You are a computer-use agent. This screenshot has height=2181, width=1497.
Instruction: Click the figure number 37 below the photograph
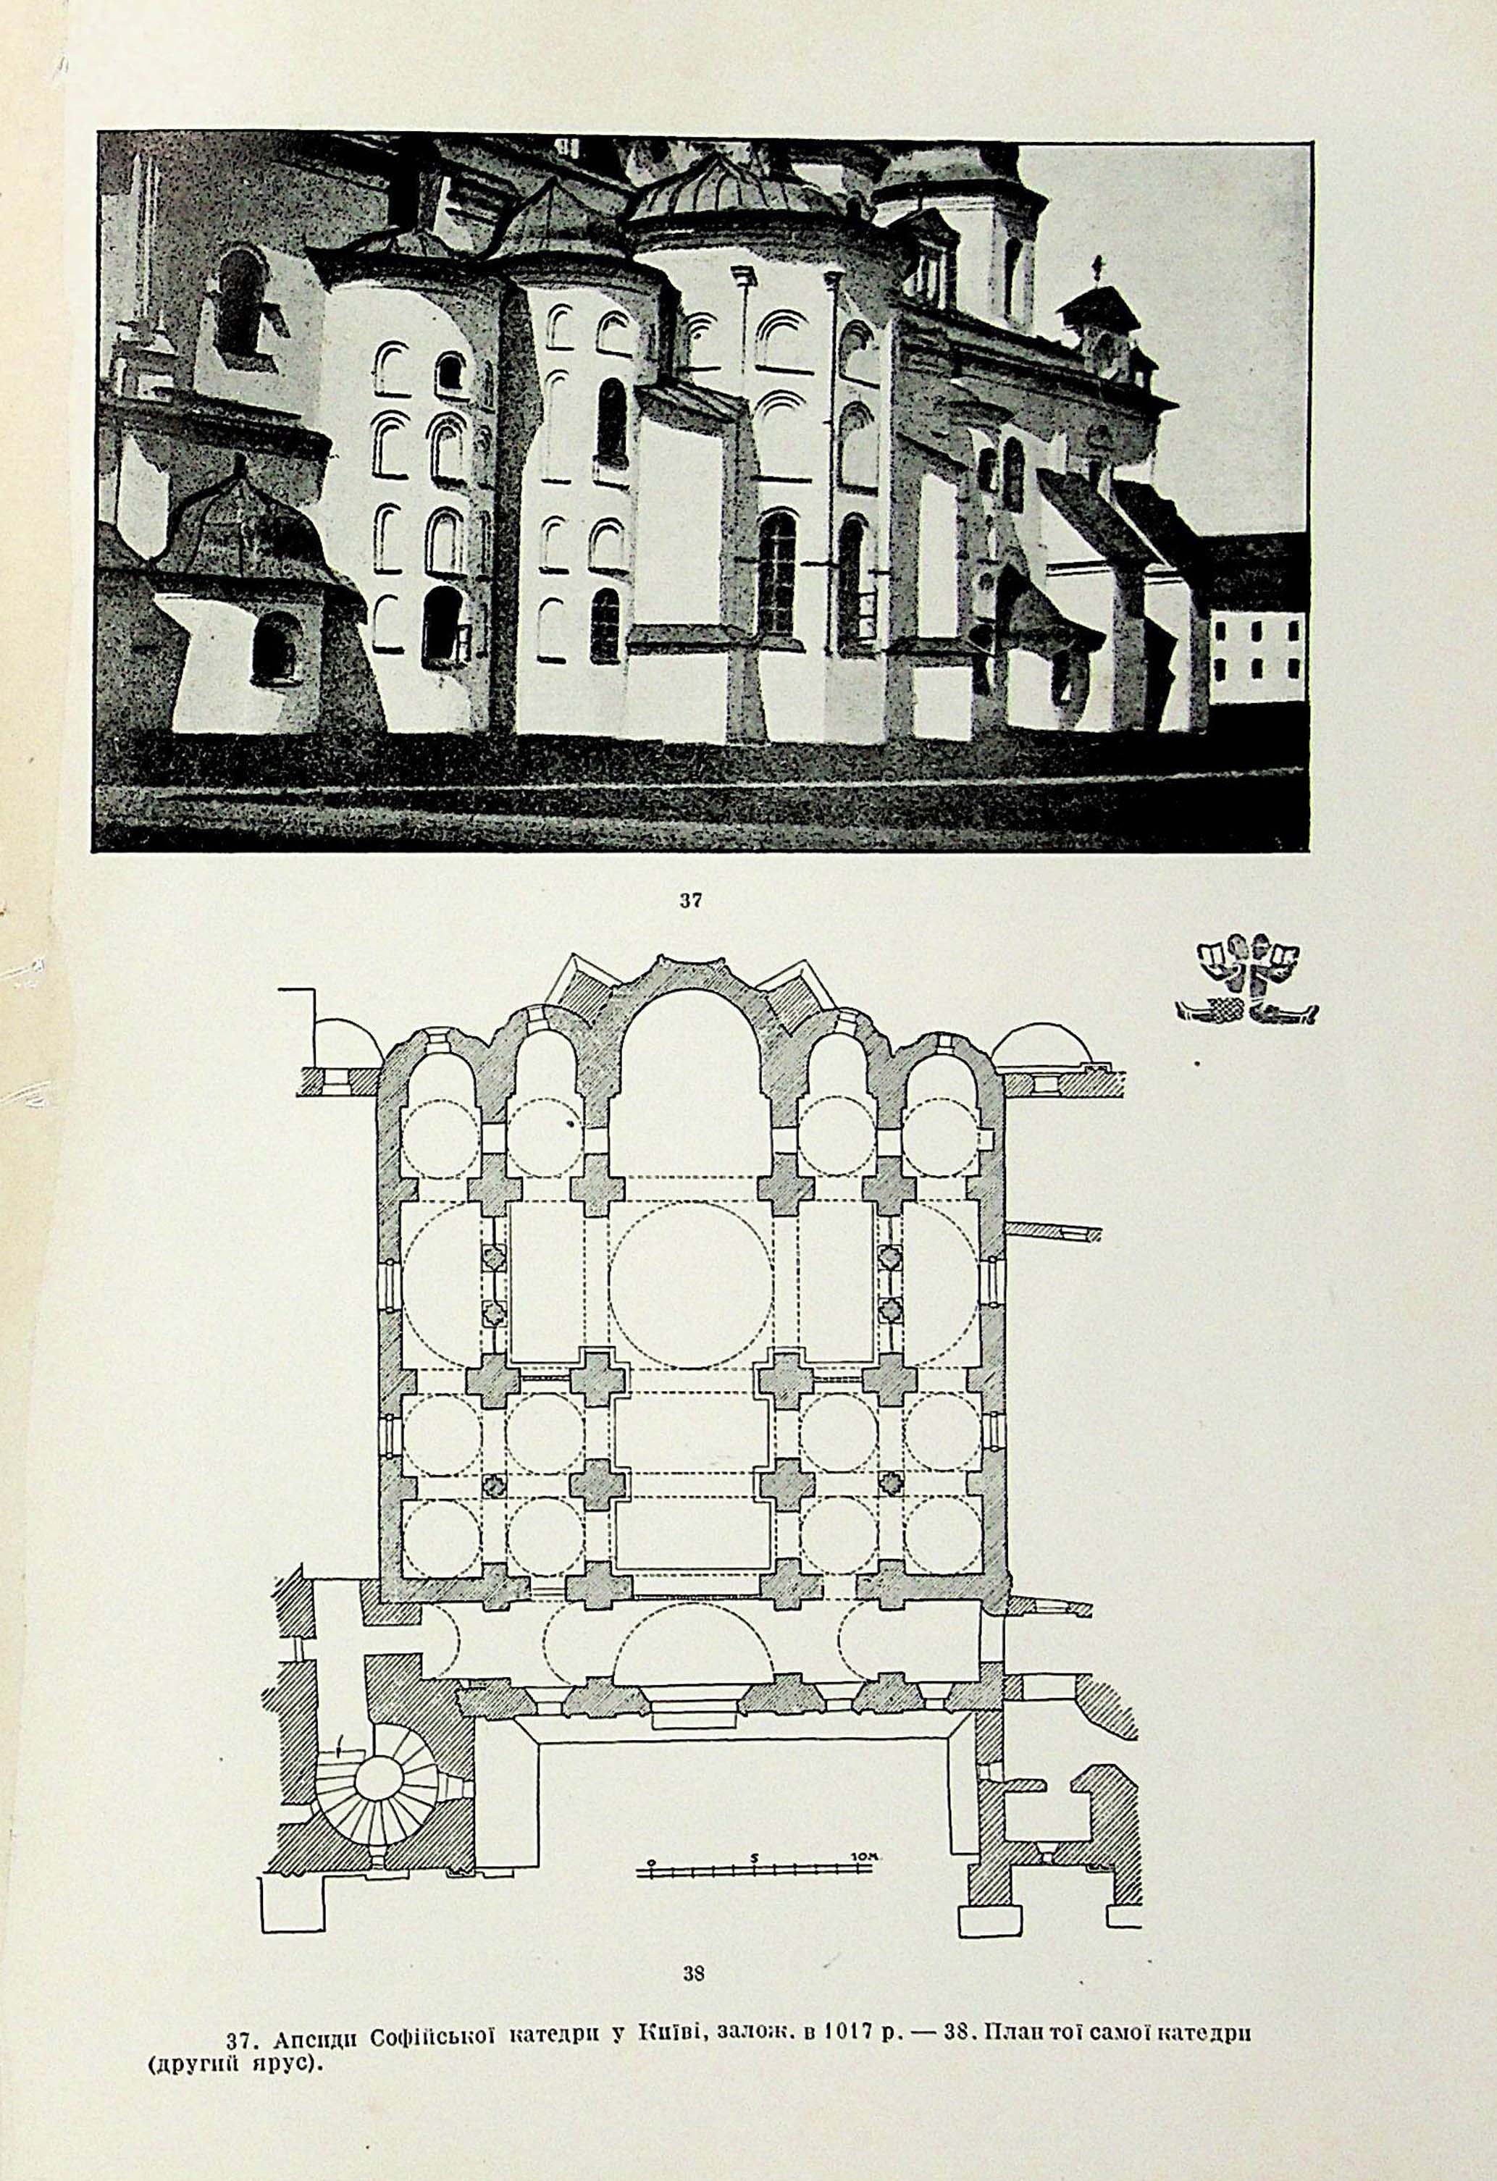click(x=691, y=900)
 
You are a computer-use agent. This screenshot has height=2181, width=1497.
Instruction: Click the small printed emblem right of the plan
click(x=1246, y=978)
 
